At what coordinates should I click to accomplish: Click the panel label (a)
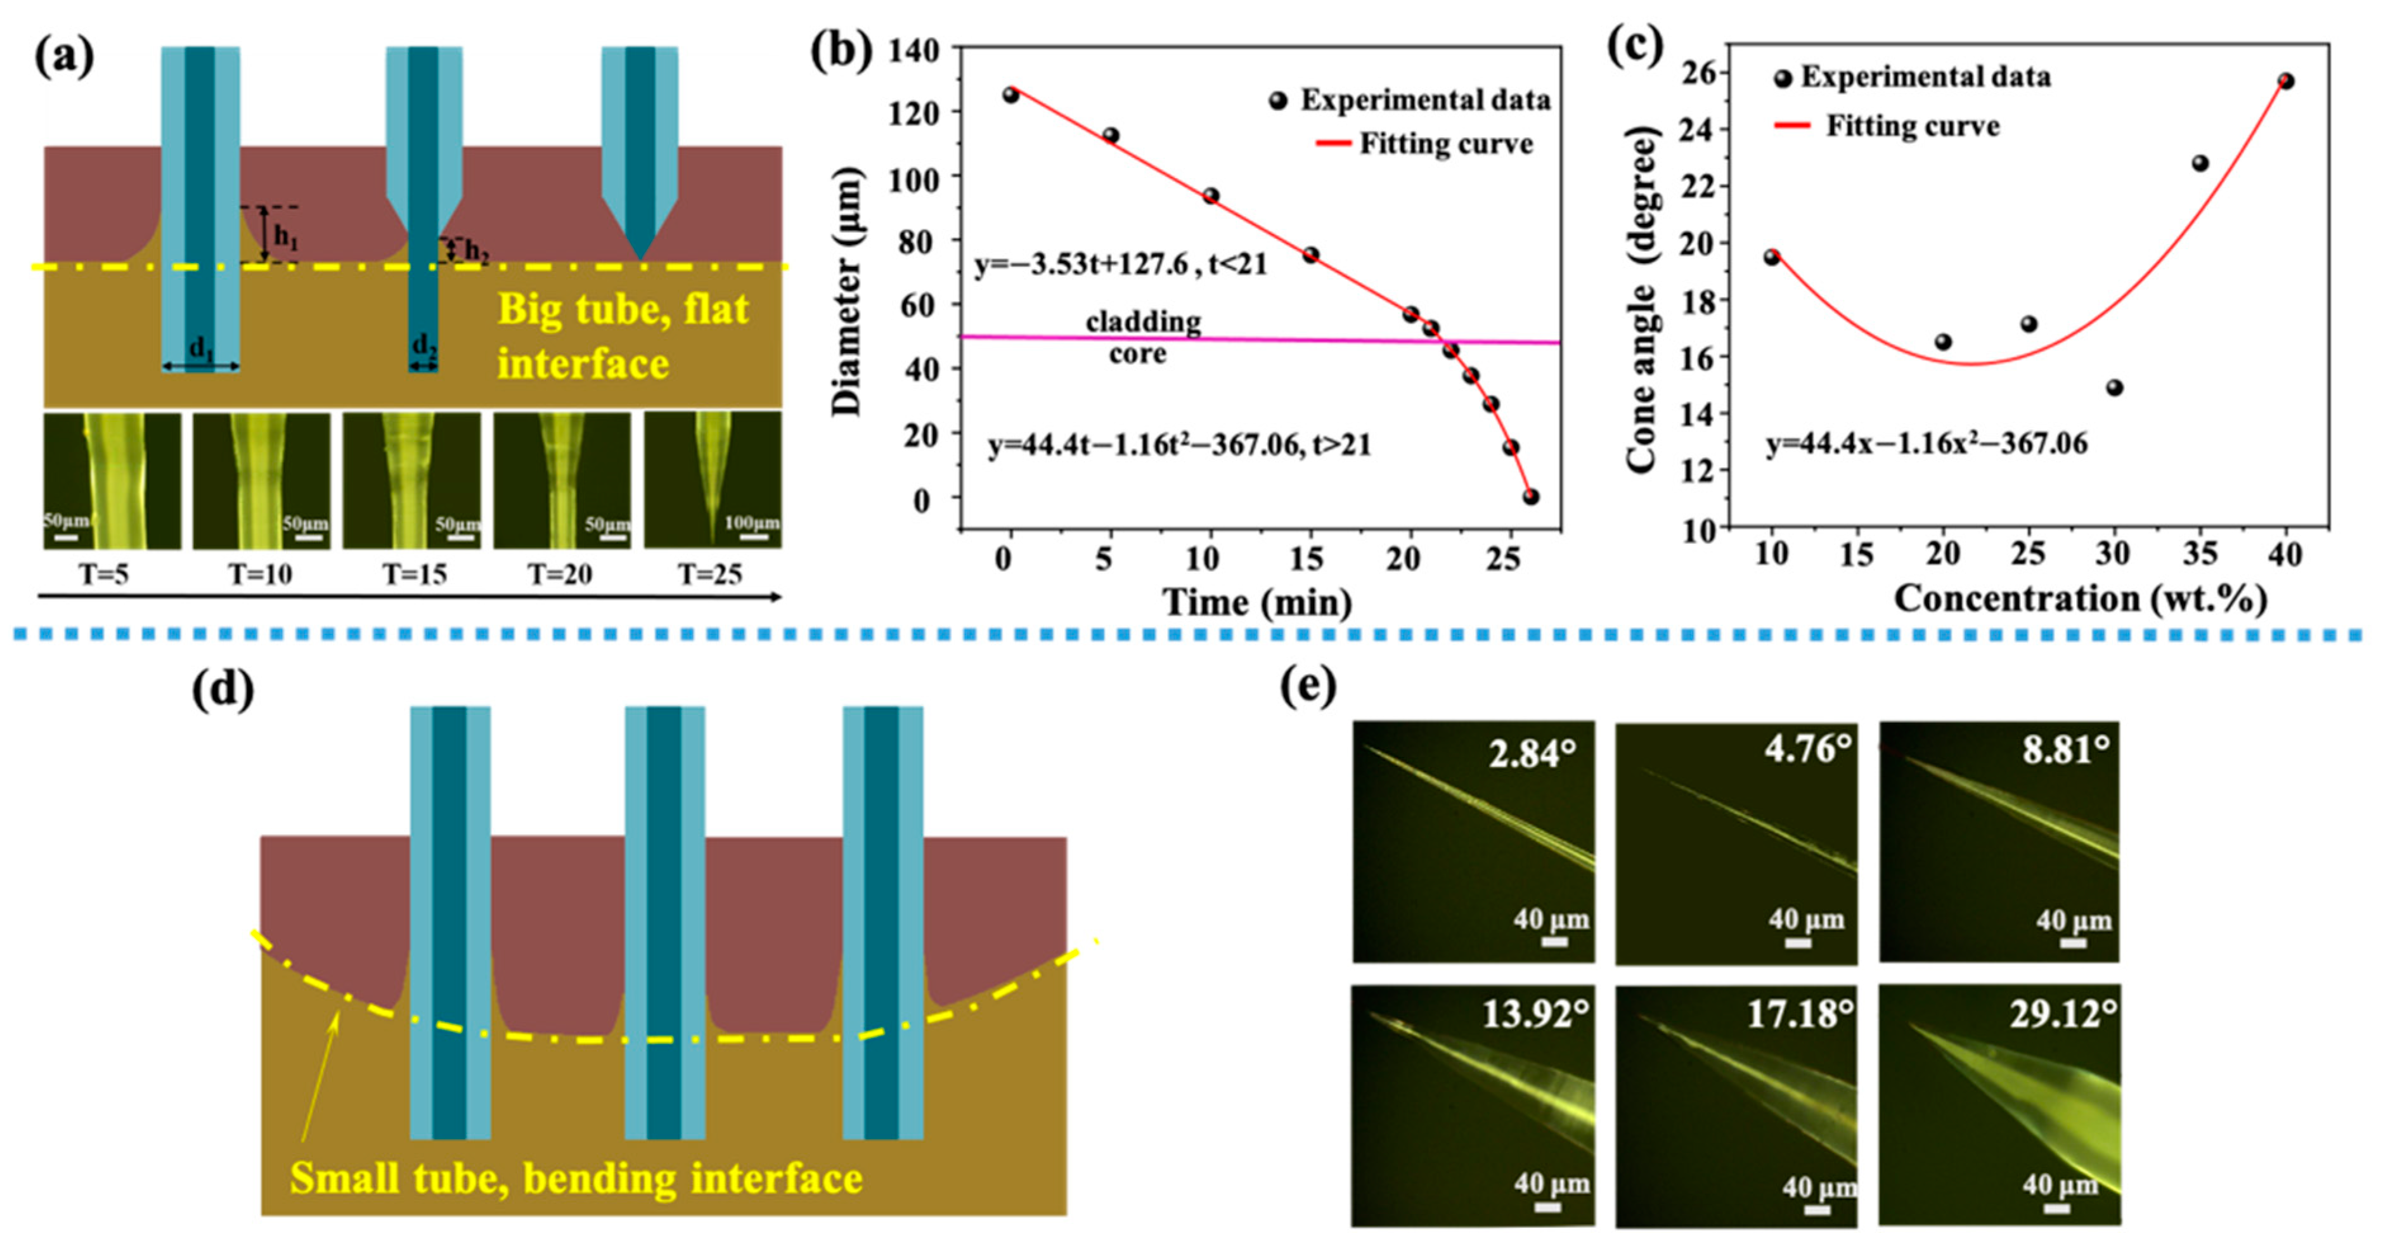coord(65,57)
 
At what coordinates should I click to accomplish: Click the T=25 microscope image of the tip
coord(713,480)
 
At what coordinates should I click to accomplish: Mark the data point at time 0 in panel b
coord(1010,94)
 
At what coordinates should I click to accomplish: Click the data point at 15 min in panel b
coord(1311,255)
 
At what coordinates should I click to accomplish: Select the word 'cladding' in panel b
coord(1144,321)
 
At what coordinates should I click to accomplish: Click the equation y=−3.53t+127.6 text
coord(1120,265)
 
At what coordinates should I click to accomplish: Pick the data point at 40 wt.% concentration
coord(2286,81)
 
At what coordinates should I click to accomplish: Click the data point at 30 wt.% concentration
coord(2115,387)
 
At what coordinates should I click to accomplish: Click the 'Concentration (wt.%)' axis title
coord(2080,598)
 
